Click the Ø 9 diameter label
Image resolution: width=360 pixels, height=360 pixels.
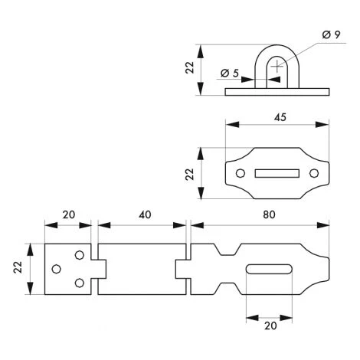(x=331, y=34)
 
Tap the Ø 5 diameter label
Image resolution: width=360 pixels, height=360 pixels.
(x=230, y=74)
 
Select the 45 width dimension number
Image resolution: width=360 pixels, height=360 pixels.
(x=280, y=117)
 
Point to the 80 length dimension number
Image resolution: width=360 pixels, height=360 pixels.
(x=269, y=214)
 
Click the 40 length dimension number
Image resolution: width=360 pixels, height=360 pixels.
(x=145, y=214)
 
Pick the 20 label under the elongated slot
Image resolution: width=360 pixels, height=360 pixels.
(x=270, y=326)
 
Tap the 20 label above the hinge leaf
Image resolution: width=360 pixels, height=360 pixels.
(x=69, y=214)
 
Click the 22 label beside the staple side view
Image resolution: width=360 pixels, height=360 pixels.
(x=190, y=67)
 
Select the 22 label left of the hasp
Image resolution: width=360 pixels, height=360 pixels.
(x=18, y=267)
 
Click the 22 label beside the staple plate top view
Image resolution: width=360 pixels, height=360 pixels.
(x=190, y=175)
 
